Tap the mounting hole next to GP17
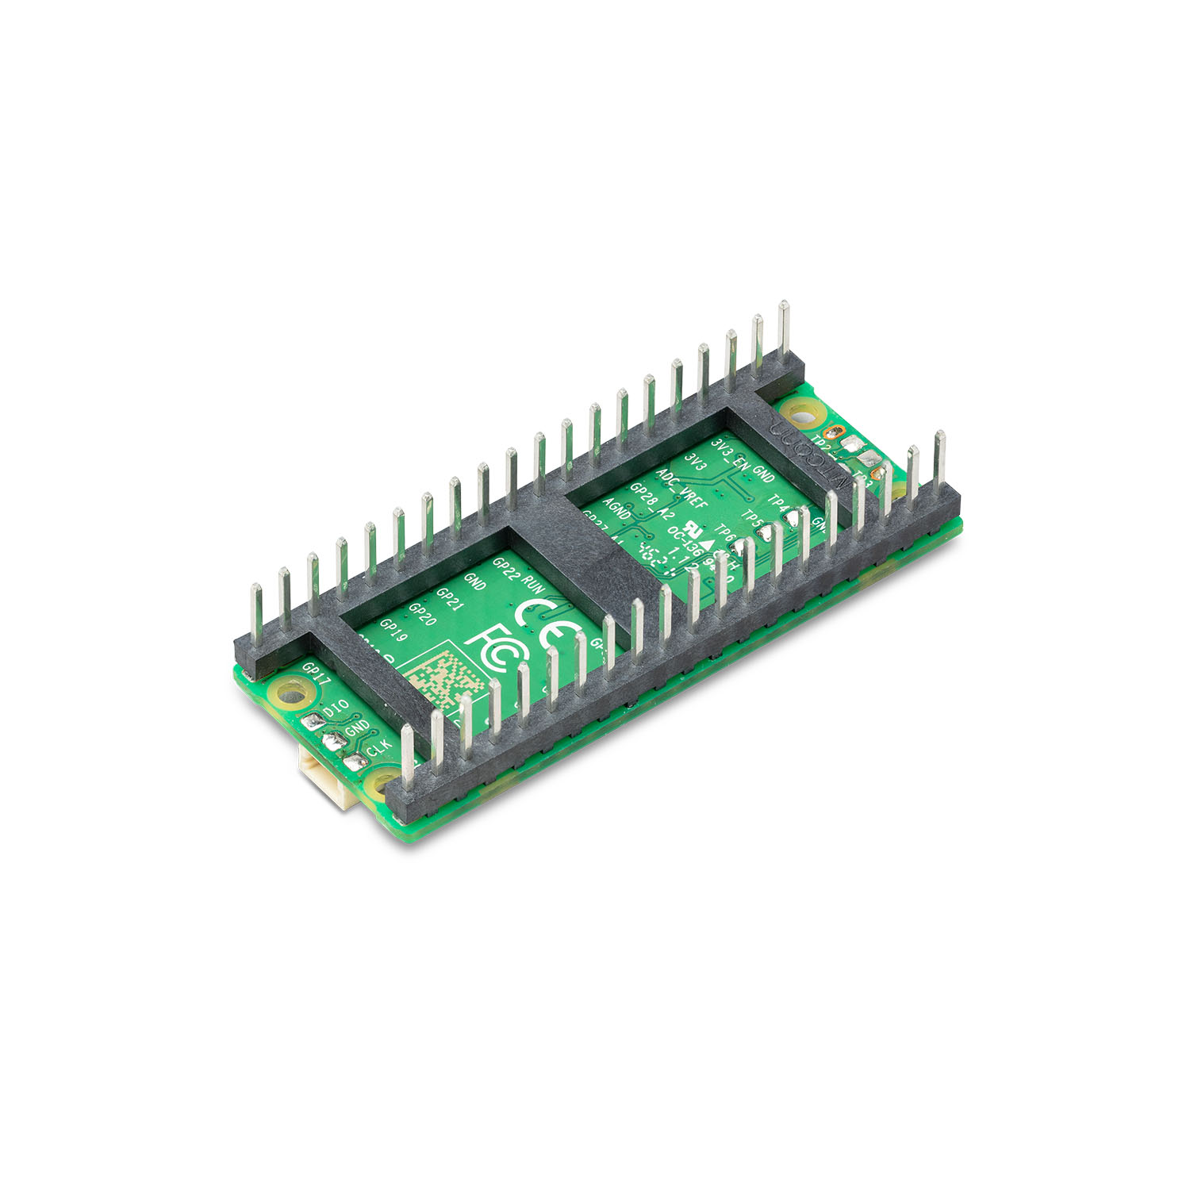pyautogui.click(x=294, y=696)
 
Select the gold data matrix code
pyautogui.click(x=444, y=678)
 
